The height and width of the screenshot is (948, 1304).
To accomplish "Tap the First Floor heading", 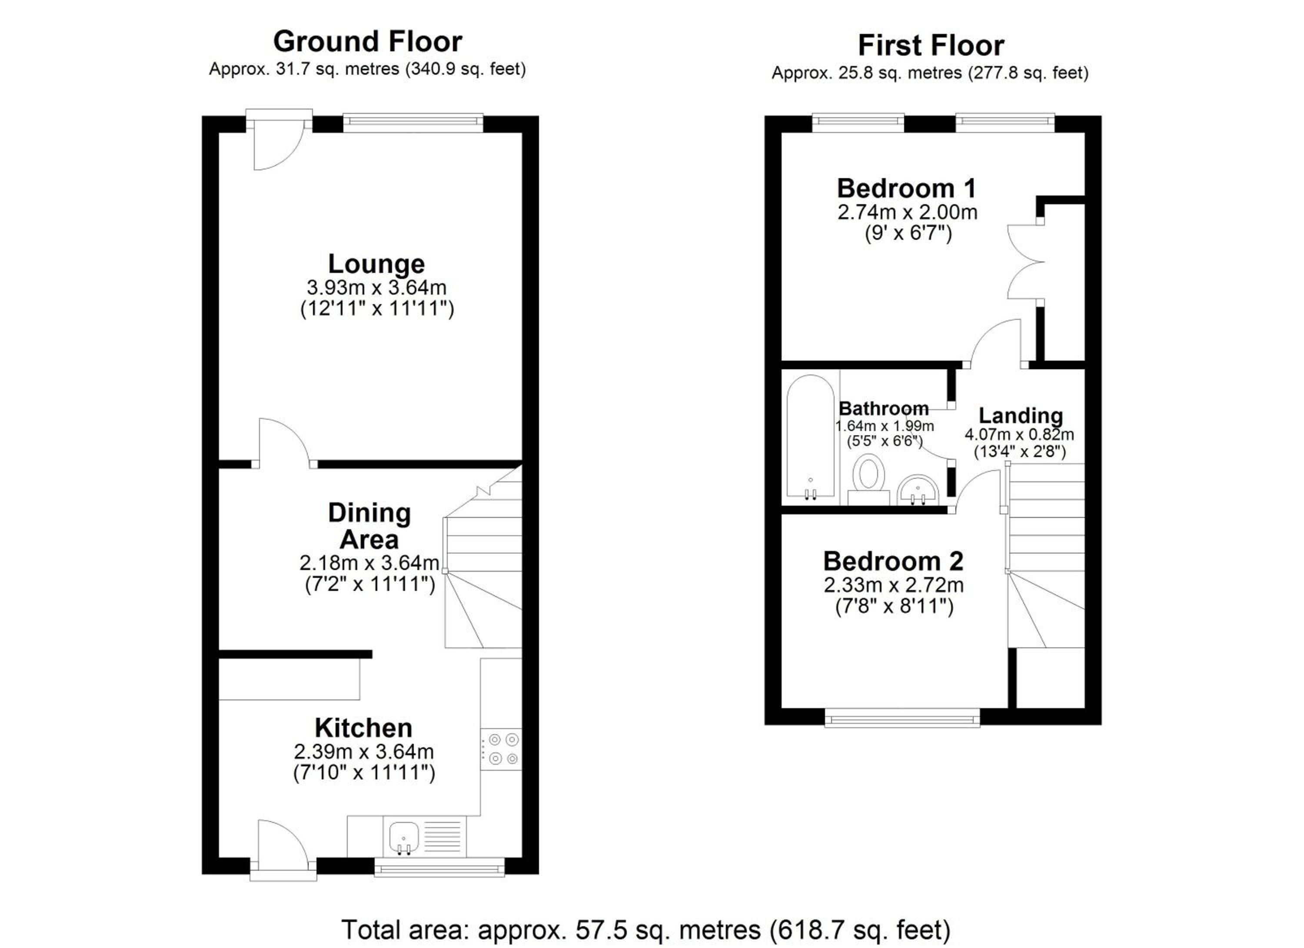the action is tap(931, 45).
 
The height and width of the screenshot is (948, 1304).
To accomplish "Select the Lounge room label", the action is tap(376, 263).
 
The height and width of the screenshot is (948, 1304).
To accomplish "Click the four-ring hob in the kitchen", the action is tap(501, 749).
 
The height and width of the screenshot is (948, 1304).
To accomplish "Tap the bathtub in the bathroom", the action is tap(811, 436).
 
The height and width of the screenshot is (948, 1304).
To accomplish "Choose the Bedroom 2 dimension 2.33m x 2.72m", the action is tap(894, 585).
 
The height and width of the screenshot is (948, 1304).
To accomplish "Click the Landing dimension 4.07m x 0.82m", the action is tap(1019, 434).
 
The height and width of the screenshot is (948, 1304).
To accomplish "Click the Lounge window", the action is tap(413, 123).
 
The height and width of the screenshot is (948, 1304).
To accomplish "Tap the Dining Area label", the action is tap(369, 526).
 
